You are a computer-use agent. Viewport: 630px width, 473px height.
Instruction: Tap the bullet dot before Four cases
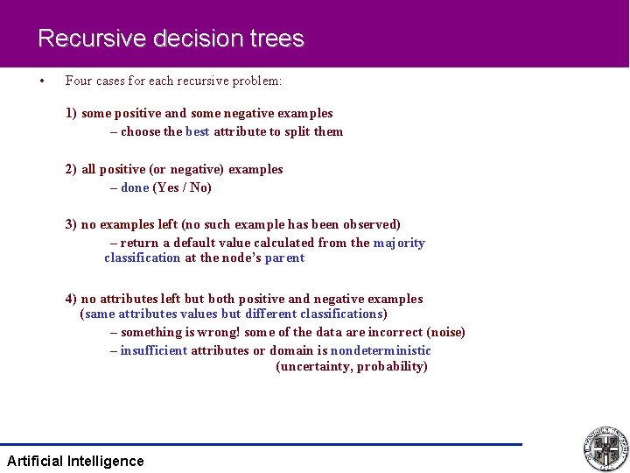(x=41, y=81)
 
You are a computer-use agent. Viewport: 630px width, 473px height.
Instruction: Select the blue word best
(x=198, y=131)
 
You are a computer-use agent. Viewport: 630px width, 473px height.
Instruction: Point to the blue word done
(x=135, y=187)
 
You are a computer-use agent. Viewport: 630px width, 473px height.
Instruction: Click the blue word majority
(x=399, y=243)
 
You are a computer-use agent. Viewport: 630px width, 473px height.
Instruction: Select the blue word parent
(x=284, y=258)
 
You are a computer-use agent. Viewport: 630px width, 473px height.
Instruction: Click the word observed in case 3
(x=370, y=224)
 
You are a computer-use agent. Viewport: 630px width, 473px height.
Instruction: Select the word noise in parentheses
(x=445, y=332)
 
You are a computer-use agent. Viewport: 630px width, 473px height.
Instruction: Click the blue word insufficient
(x=154, y=350)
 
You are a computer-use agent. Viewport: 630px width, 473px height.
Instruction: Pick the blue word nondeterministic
(x=381, y=350)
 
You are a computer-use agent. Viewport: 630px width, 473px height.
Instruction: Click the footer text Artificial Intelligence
(x=75, y=461)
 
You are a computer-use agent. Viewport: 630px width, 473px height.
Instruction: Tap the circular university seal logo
(x=605, y=448)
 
